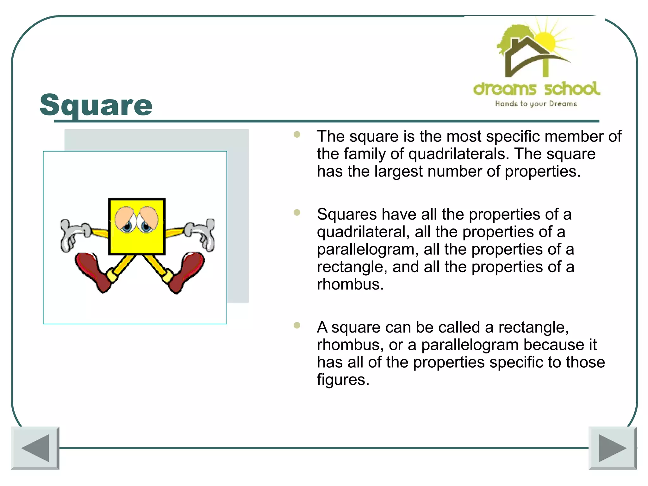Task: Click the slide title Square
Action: tap(96, 105)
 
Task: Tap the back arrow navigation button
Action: tap(35, 448)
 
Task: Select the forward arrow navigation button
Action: tap(613, 448)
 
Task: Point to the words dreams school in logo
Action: tap(536, 89)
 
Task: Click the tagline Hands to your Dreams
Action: tap(536, 104)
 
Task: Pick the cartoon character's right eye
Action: tap(148, 220)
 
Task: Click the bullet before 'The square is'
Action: tap(297, 134)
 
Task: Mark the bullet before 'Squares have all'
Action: tap(297, 212)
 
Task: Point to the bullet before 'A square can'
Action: tap(297, 325)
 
